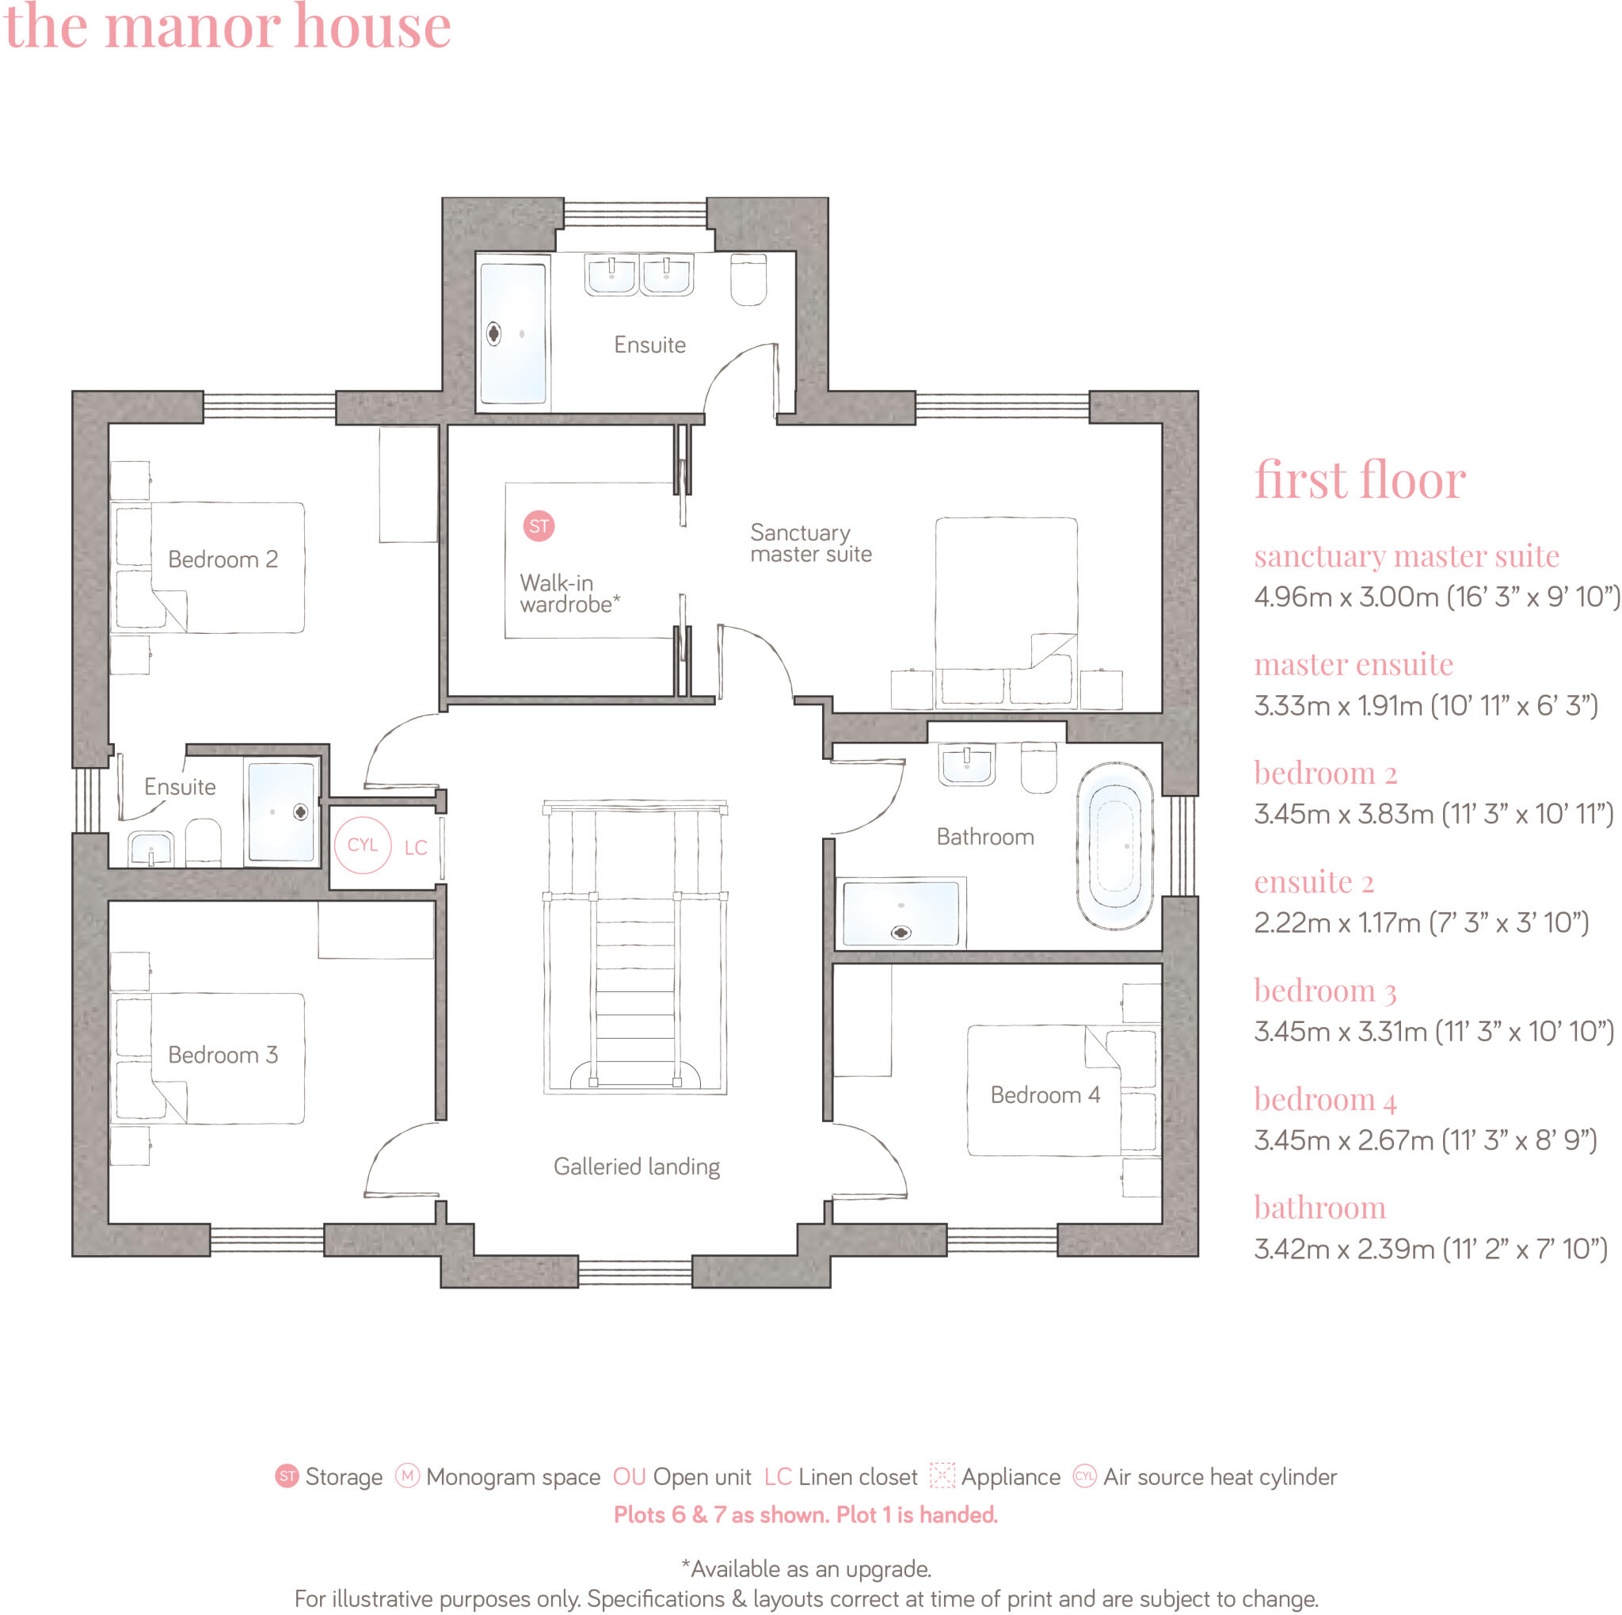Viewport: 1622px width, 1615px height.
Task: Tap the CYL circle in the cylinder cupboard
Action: (363, 845)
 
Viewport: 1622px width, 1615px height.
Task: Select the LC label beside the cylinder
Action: (416, 848)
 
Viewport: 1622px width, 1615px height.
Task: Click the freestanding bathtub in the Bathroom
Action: (1114, 846)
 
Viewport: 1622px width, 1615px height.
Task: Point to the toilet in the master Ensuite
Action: (747, 280)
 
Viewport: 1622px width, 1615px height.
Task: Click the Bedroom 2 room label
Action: (223, 559)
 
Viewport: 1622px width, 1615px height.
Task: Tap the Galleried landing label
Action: (637, 1166)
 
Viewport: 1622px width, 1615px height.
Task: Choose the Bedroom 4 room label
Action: (1045, 1095)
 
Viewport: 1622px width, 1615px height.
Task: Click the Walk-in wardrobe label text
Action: (569, 594)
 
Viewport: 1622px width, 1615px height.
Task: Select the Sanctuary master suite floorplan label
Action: (810, 544)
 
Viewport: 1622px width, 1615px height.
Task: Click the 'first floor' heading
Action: (1359, 480)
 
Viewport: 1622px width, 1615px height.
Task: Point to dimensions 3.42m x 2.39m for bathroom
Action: (1430, 1249)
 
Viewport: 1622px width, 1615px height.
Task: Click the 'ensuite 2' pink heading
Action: (1313, 882)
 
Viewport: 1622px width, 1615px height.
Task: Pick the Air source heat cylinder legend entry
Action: (1205, 1477)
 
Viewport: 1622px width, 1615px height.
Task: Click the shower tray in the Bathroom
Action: (900, 913)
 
